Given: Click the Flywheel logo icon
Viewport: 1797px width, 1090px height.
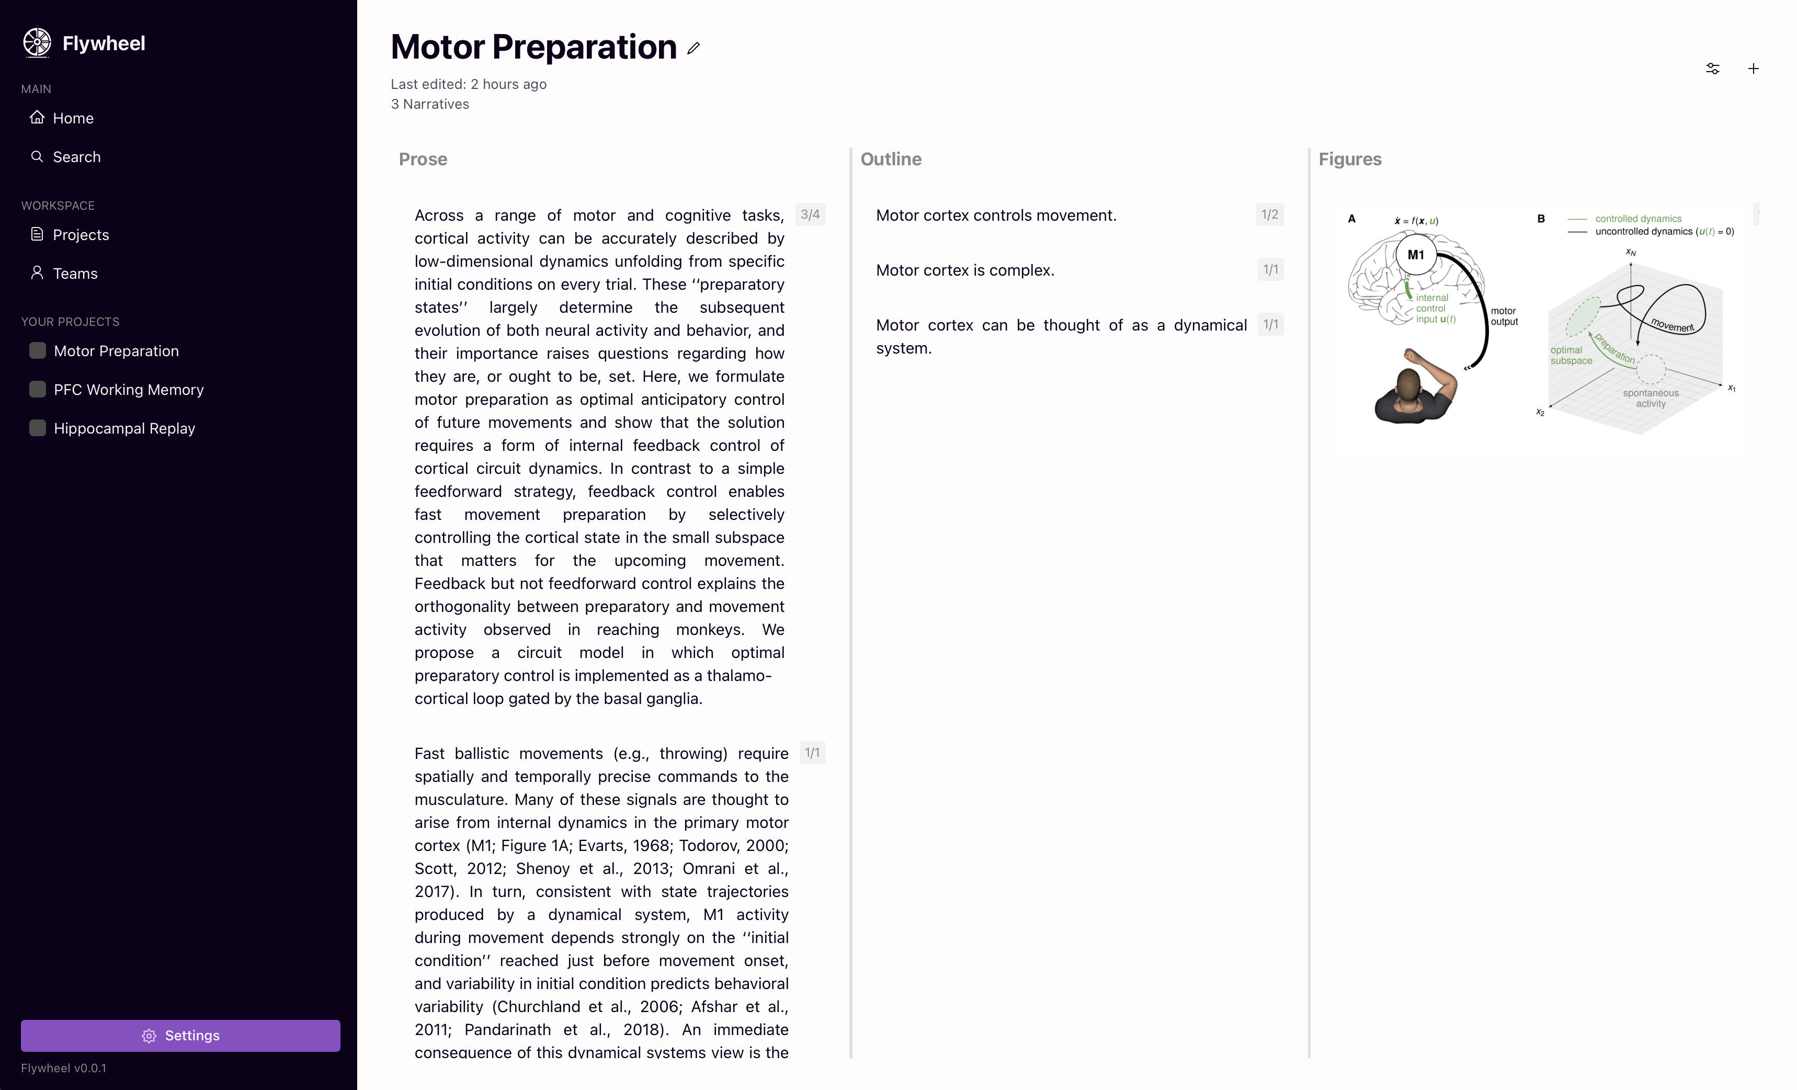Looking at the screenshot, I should coord(37,42).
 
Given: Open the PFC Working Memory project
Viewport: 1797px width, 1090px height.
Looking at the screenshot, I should coord(128,390).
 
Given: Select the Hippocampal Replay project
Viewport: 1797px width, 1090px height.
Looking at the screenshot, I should coord(124,428).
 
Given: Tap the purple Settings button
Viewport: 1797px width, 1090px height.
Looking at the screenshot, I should coord(180,1035).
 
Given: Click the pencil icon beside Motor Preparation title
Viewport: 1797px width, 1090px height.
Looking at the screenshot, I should coord(693,48).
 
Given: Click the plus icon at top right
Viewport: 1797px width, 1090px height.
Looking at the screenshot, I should coord(1753,69).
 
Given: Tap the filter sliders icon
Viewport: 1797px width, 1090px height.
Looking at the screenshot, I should coord(1712,69).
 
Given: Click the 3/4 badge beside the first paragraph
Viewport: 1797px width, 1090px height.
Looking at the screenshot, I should coord(810,214).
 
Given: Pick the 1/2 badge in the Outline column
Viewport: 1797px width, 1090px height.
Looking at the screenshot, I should coord(1269,214).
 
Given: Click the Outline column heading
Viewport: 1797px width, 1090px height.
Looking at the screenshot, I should coord(891,159).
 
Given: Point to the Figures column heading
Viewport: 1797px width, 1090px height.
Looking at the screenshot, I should coord(1349,159).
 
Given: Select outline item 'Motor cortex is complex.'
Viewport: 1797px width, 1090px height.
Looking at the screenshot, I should coord(965,270).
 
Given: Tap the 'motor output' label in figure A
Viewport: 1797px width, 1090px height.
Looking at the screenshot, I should coord(1504,316).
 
